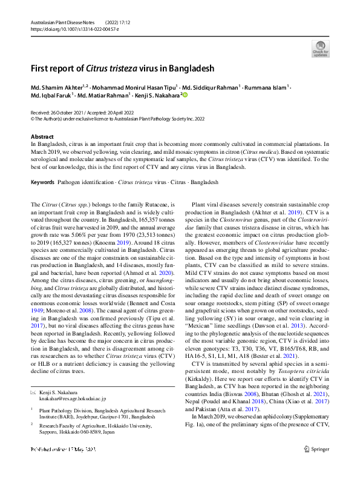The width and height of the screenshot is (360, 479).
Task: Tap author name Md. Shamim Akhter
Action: click(57, 87)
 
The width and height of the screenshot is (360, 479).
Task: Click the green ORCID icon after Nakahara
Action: click(185, 95)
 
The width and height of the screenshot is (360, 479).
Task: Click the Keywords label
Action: click(43, 182)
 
